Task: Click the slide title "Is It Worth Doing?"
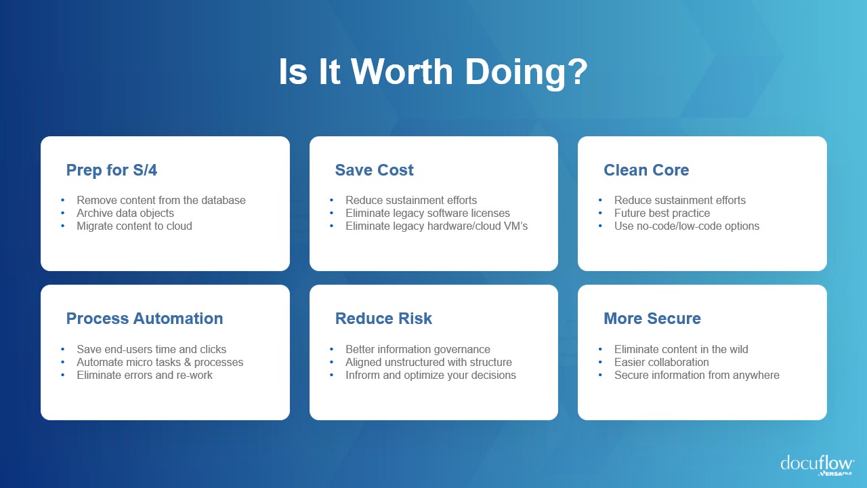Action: pos(433,73)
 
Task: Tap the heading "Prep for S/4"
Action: pos(112,170)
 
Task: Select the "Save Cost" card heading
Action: pos(375,170)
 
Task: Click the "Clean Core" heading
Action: pos(646,170)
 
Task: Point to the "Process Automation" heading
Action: pos(145,319)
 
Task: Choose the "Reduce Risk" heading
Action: pos(383,319)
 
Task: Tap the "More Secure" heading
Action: pos(652,319)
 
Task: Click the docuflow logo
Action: pos(818,465)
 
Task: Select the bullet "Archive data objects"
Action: pos(125,213)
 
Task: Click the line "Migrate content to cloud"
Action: pos(134,226)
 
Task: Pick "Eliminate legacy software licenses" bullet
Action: pos(427,213)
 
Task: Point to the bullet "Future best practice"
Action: pos(662,213)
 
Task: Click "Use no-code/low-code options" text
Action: pos(687,226)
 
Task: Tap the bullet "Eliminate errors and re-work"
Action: pos(144,375)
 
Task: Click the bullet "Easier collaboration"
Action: pos(662,362)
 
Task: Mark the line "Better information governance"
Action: pos(418,349)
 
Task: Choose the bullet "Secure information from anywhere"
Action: pos(697,375)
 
